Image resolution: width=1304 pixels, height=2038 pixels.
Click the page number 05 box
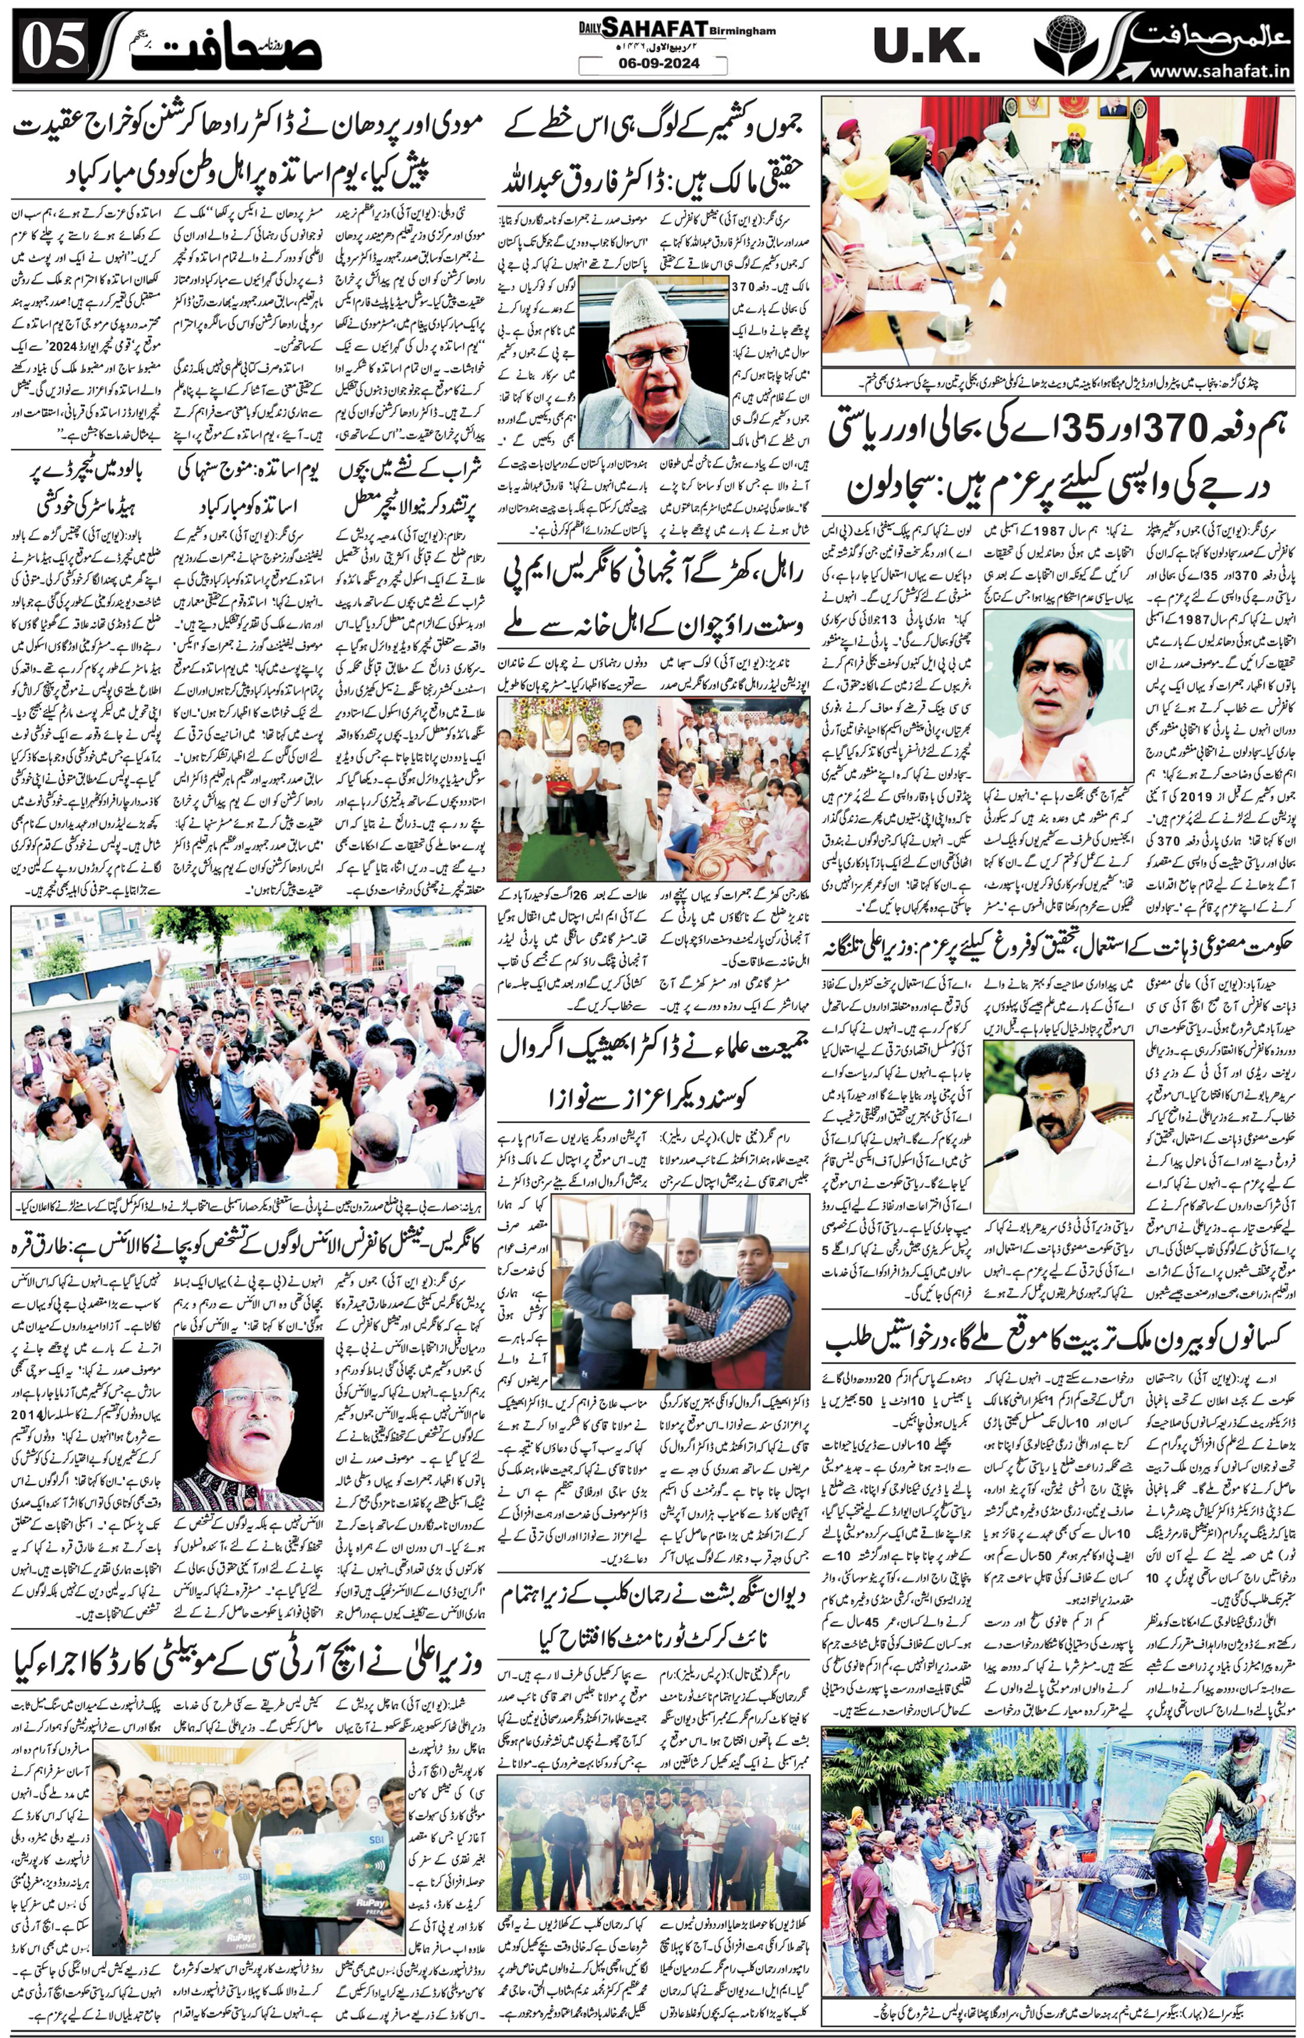pos(53,46)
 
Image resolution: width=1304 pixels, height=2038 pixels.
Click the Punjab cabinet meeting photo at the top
pos(1057,230)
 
